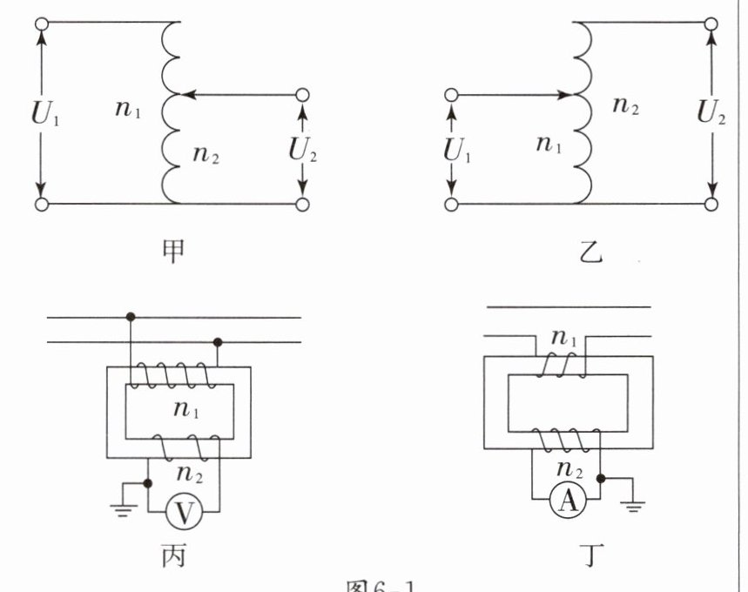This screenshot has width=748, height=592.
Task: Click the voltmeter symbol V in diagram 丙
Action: point(183,512)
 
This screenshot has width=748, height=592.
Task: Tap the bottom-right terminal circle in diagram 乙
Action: point(711,205)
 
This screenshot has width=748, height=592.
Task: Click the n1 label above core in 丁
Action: point(566,340)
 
